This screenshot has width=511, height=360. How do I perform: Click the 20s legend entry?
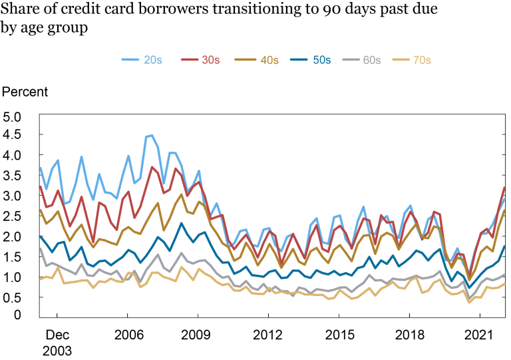(152, 60)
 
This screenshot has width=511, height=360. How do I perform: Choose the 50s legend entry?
(322, 60)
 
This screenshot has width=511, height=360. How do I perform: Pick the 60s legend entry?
(372, 60)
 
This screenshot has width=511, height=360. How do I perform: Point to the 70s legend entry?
(422, 60)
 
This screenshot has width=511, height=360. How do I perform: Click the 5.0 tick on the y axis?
(13, 117)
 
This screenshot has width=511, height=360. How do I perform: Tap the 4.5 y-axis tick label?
(13, 135)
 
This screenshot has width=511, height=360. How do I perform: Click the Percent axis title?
(25, 91)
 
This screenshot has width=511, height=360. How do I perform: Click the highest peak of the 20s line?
(152, 135)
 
